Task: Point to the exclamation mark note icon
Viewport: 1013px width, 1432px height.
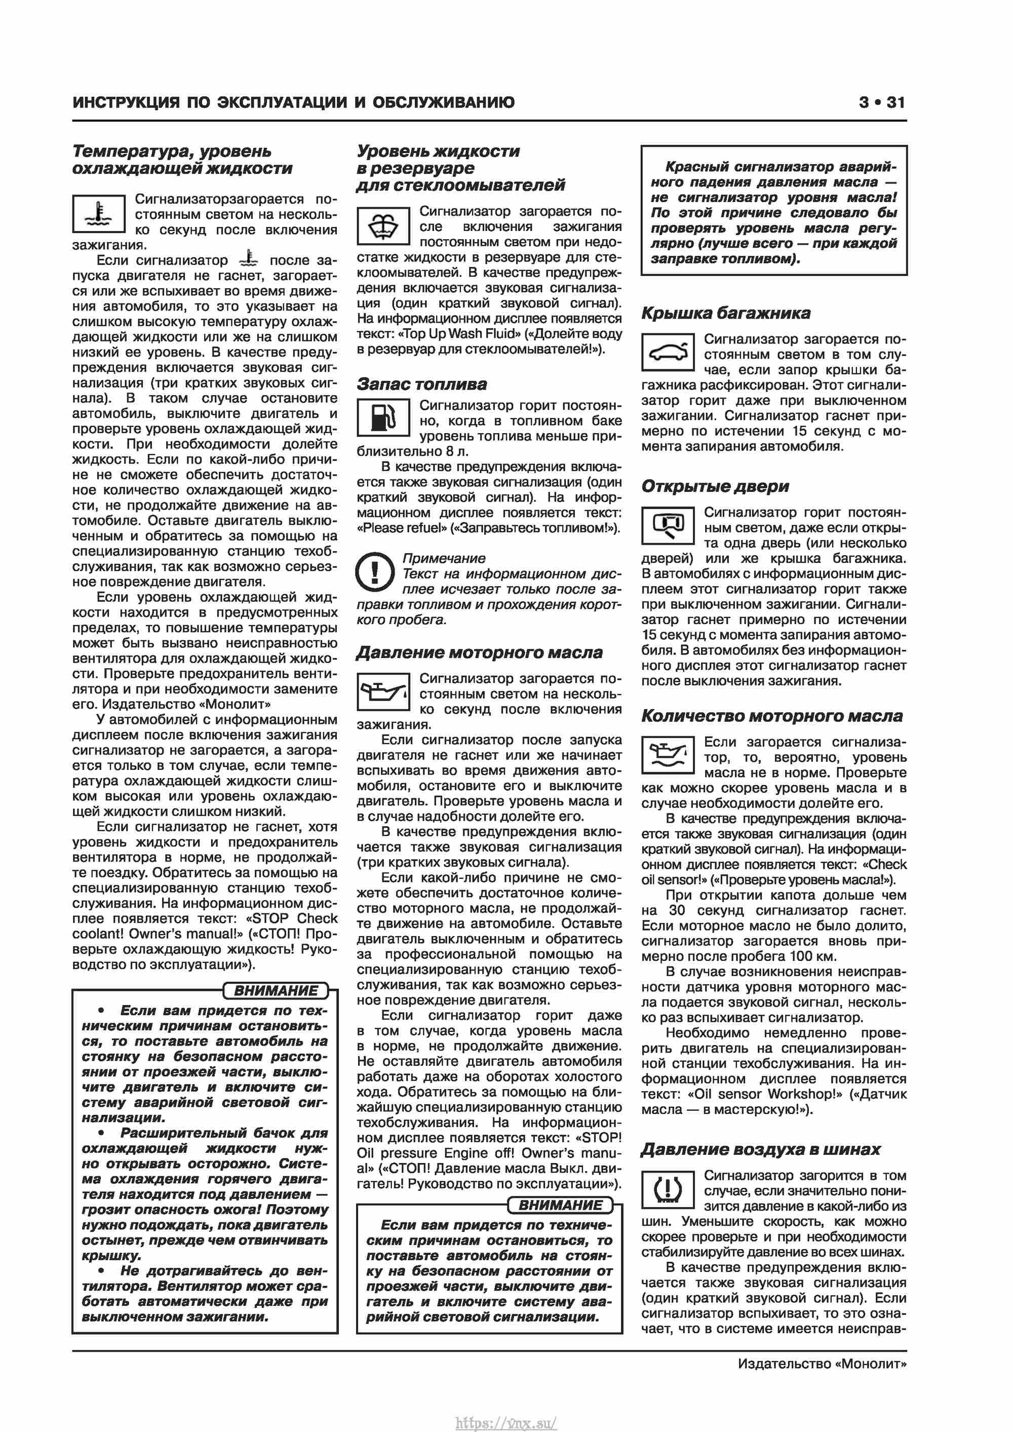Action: tap(374, 571)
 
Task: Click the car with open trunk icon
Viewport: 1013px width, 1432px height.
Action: tap(668, 353)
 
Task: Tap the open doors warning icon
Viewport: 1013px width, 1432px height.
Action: tap(668, 525)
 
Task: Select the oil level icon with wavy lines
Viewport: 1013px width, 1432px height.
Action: tap(668, 755)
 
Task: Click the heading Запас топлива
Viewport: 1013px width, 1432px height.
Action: tap(422, 384)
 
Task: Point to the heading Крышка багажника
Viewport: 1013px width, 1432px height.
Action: tap(725, 313)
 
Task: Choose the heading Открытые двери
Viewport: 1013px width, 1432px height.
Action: tap(715, 486)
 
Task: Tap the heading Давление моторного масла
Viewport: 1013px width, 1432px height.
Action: tap(479, 652)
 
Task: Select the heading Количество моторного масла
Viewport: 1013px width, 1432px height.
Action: tap(771, 716)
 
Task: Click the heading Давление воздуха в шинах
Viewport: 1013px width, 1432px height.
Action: tap(760, 1149)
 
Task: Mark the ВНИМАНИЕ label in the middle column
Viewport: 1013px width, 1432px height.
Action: tap(560, 1205)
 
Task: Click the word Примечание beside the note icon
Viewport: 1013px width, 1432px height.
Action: tap(444, 558)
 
